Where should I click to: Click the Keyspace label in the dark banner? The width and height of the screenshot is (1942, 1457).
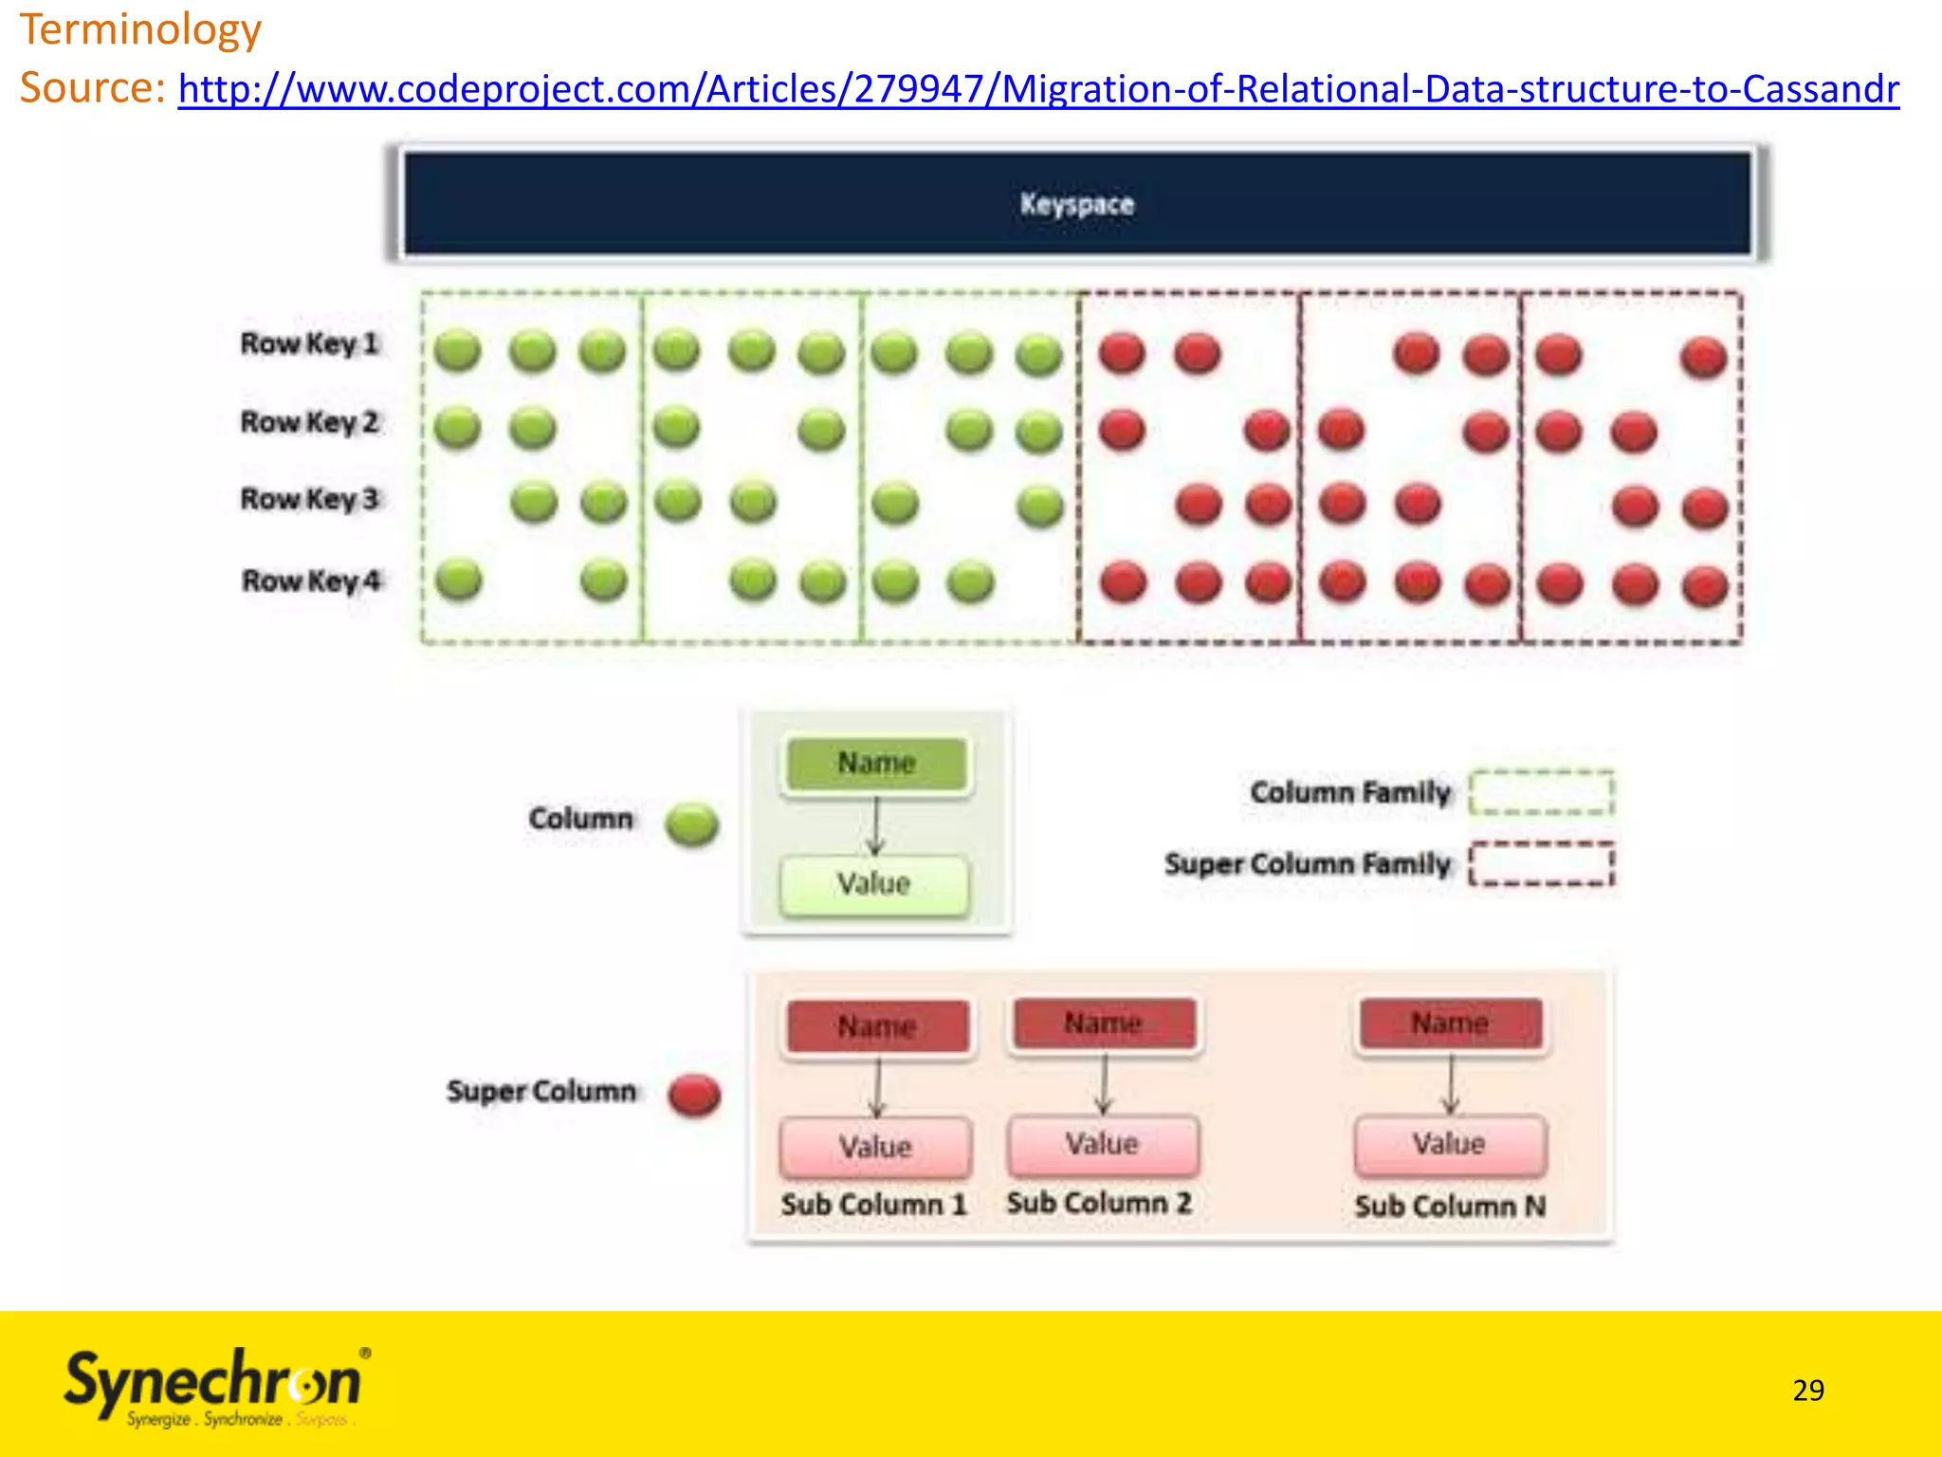tap(1076, 204)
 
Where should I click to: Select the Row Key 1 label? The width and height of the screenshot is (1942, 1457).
tap(309, 343)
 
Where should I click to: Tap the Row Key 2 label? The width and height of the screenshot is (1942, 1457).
tap(309, 421)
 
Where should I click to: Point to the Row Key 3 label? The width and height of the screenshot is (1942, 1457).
tap(309, 499)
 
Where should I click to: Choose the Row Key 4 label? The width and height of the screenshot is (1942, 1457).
tap(311, 580)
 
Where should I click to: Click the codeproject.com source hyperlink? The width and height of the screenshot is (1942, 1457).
tap(1038, 89)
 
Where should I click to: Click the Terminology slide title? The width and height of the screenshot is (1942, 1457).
tap(140, 29)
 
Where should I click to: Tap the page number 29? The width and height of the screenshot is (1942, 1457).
tap(1808, 1390)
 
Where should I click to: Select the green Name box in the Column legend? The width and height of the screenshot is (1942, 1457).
tap(876, 764)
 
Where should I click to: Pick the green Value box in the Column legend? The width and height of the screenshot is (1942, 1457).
tap(874, 884)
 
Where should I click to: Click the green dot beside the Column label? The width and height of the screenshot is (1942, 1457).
tap(691, 823)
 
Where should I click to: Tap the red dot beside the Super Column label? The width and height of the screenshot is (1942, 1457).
tap(694, 1095)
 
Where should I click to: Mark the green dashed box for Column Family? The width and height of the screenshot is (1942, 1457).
tap(1541, 792)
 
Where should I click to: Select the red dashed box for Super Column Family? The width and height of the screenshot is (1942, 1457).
tap(1541, 863)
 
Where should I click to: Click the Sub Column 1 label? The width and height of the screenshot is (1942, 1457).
tap(873, 1205)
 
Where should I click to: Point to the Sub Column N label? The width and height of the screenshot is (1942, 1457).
tap(1450, 1206)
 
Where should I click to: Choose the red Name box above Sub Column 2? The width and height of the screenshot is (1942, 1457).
tap(1104, 1024)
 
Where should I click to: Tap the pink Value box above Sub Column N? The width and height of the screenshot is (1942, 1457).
tap(1450, 1144)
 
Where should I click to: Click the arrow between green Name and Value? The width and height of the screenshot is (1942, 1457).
tap(875, 824)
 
